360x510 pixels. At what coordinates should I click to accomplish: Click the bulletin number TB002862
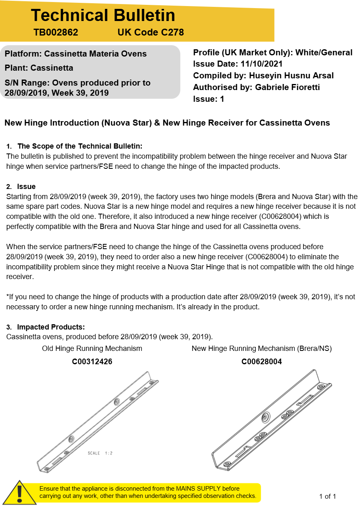[56, 32]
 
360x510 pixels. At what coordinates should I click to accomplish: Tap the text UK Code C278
[151, 32]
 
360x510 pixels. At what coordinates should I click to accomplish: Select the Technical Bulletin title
[103, 15]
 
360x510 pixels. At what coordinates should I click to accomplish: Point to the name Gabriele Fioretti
[287, 87]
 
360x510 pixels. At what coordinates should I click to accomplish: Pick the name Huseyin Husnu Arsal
[291, 76]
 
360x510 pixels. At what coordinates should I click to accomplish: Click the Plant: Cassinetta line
[39, 68]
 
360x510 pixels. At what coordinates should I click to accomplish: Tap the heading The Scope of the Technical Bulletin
[80, 146]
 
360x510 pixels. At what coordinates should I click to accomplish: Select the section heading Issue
[26, 187]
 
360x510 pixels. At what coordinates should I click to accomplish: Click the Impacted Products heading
[50, 327]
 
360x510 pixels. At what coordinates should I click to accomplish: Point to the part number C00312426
[92, 362]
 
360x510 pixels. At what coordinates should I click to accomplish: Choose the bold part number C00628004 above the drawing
[262, 362]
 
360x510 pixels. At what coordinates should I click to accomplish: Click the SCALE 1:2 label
[100, 453]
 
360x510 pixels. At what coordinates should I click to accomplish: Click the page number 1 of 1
[327, 496]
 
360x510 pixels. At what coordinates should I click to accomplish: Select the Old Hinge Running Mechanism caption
[92, 348]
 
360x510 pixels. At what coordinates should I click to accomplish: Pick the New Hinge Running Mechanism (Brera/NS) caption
[262, 348]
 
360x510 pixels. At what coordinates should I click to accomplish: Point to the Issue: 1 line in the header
[209, 99]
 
